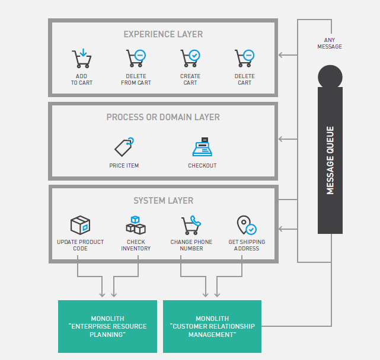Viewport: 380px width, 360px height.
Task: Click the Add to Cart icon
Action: pos(81,59)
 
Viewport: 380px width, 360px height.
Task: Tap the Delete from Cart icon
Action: pos(136,59)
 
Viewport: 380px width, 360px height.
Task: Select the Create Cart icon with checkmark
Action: pos(190,59)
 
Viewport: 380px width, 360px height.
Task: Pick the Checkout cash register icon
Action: pos(202,147)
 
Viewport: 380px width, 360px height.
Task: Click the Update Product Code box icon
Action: pos(80,225)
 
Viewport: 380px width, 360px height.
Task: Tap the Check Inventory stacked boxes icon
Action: pos(136,225)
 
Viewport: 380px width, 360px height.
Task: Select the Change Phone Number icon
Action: pos(190,225)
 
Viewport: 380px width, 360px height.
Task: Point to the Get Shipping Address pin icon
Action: pos(246,225)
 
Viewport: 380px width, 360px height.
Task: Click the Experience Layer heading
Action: pos(163,34)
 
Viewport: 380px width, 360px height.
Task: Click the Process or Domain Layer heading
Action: pos(163,117)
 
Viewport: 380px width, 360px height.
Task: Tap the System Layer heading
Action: pos(163,201)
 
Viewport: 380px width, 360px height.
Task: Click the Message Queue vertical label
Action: pos(330,160)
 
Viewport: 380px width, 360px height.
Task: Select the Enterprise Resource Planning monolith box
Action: pos(107,326)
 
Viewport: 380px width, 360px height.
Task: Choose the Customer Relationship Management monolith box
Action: pos(212,326)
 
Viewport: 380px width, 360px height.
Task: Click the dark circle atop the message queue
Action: pos(330,78)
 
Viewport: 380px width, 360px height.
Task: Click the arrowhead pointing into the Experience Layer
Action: pos(281,56)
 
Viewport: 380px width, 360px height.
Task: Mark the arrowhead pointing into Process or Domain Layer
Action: pos(281,139)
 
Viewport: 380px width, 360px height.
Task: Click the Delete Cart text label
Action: pos(244,79)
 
